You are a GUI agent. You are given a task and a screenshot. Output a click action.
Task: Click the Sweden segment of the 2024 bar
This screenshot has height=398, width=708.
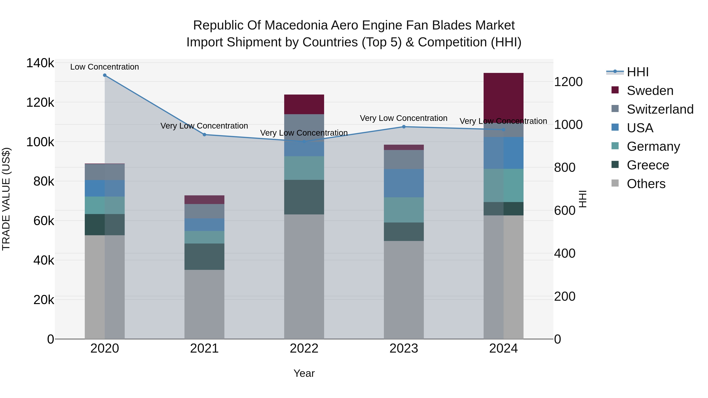[x=503, y=96]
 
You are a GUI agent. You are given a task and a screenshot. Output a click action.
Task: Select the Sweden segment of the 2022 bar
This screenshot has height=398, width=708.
[x=304, y=104]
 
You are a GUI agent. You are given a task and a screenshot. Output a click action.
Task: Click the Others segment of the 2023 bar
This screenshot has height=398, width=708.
[x=404, y=290]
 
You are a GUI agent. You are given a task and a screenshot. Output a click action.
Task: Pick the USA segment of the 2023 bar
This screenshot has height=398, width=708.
[x=404, y=183]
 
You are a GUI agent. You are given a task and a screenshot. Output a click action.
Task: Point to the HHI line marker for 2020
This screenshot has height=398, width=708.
[x=105, y=75]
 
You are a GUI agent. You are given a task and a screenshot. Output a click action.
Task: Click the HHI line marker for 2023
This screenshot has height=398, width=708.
[x=404, y=127]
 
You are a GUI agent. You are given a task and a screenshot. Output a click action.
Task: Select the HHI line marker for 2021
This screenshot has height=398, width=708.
[x=204, y=135]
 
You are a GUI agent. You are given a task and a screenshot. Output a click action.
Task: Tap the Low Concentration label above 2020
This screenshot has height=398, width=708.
[x=104, y=67]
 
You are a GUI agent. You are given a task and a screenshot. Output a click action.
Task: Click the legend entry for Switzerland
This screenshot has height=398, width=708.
[x=660, y=109]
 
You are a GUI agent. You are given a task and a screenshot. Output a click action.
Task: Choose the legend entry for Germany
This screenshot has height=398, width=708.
[x=653, y=146]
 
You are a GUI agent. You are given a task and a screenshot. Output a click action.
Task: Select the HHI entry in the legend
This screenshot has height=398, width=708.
[x=637, y=72]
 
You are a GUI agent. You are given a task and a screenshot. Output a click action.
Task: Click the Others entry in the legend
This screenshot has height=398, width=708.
[x=646, y=184]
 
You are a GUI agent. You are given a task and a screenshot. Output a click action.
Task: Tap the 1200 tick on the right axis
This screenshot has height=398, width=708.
[x=568, y=82]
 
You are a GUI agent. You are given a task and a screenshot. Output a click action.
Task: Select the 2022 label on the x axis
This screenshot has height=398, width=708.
[x=304, y=348]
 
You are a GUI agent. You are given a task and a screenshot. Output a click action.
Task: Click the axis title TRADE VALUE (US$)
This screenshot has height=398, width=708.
[x=6, y=199]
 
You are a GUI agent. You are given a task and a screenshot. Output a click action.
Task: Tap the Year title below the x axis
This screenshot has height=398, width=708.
[x=304, y=373]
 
